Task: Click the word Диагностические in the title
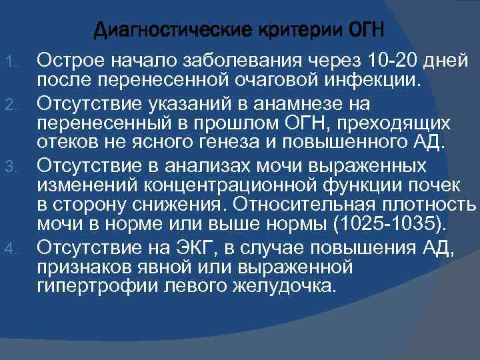pos(167,31)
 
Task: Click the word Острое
pos(71,62)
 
